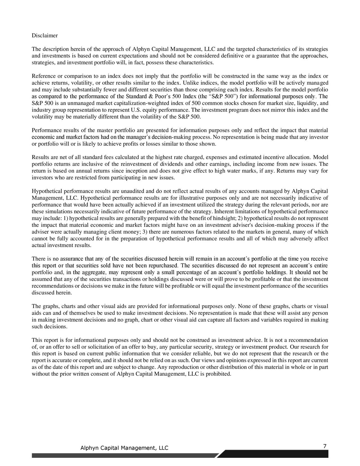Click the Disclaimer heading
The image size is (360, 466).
[45, 36]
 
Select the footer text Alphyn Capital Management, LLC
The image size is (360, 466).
[124, 448]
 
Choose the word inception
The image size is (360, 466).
[138, 171]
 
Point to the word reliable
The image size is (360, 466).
[203, 354]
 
